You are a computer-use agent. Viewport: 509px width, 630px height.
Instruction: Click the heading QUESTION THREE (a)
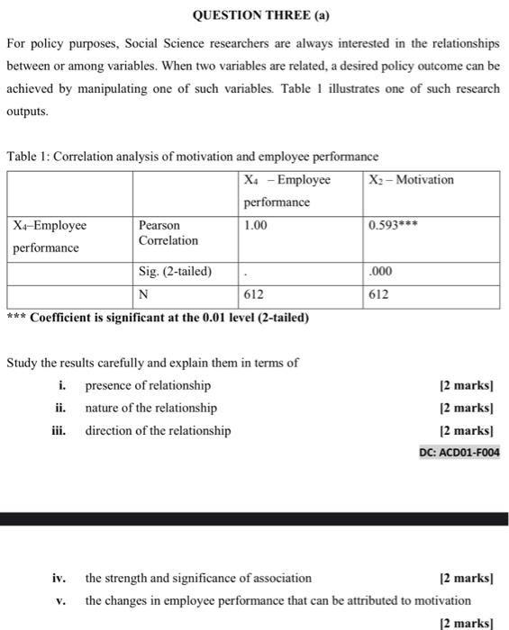pos(254,15)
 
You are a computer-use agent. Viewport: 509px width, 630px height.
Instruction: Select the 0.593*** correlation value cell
pos(395,226)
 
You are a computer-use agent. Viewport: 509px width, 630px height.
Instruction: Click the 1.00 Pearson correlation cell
pos(256,226)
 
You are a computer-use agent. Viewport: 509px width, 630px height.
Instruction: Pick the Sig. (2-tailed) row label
pos(175,271)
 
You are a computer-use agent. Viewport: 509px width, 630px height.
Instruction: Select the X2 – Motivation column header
pos(412,180)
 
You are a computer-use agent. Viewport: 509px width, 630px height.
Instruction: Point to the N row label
pos(143,294)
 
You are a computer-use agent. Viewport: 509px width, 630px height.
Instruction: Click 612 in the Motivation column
pos(379,294)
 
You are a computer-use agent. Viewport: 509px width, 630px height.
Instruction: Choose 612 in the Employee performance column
pos(254,294)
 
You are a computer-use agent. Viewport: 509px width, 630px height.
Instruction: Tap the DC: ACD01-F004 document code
pos(459,452)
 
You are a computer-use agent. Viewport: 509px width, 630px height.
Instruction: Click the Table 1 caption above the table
pos(193,156)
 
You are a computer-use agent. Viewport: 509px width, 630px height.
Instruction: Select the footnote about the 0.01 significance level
pos(158,317)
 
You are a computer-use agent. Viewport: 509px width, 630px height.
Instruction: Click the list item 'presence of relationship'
pos(148,386)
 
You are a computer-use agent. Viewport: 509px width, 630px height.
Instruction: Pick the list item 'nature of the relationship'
pos(150,409)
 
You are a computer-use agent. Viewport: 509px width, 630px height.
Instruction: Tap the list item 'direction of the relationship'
pos(158,431)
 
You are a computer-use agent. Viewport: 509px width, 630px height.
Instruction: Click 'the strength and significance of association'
pos(198,578)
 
